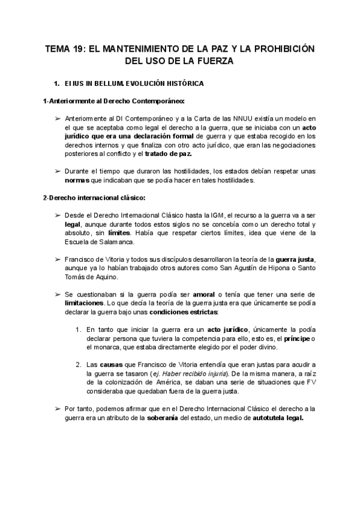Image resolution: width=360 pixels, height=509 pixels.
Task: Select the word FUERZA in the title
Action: tap(212, 61)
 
